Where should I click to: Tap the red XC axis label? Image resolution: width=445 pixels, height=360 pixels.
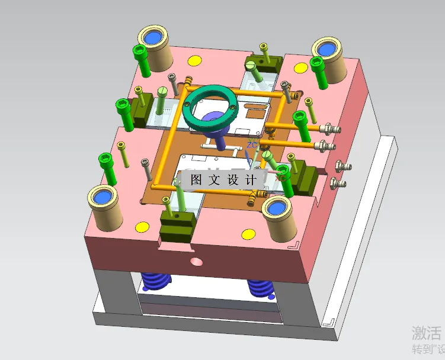pyautogui.click(x=281, y=176)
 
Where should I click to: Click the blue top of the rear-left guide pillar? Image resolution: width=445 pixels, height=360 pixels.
pyautogui.click(x=154, y=37)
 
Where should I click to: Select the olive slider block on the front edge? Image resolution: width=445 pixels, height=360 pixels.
pyautogui.click(x=177, y=224)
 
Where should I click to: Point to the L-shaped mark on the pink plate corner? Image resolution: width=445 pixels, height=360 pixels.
pyautogui.click(x=293, y=245)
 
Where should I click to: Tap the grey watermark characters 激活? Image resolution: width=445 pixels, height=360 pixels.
pyautogui.click(x=426, y=332)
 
